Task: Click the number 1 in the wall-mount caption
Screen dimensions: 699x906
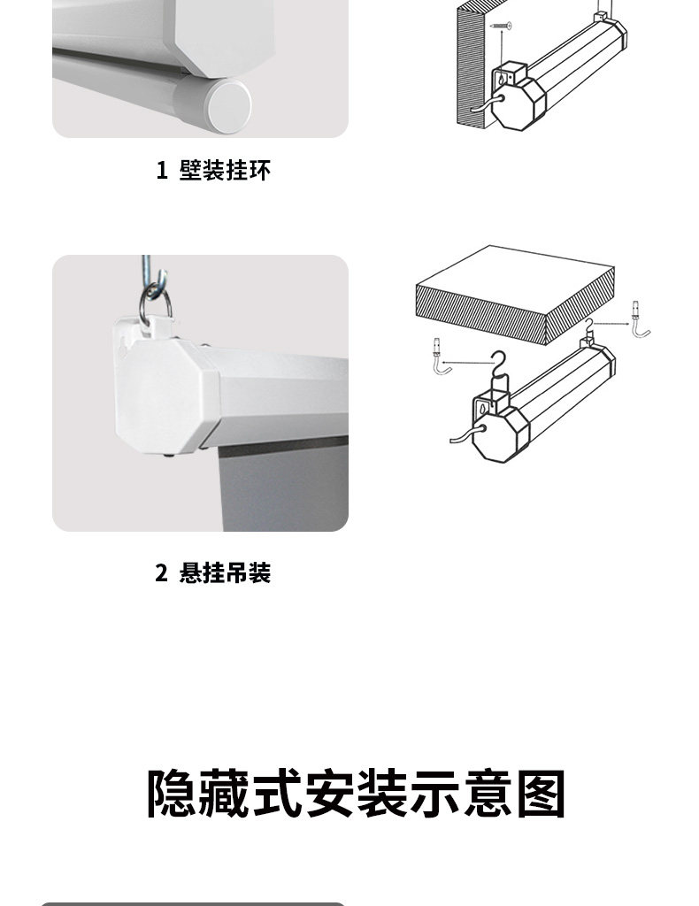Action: coord(162,171)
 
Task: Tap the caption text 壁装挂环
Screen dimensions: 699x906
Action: coord(225,171)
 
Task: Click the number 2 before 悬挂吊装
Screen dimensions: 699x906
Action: coord(161,573)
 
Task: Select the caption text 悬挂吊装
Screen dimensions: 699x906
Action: coord(225,573)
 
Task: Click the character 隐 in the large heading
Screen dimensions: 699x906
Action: coord(173,793)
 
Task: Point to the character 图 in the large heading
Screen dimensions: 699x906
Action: coord(541,793)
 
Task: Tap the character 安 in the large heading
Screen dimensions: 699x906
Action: coord(330,793)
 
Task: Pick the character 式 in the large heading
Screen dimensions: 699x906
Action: coord(277,793)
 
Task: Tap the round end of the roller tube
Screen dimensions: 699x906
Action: coord(229,107)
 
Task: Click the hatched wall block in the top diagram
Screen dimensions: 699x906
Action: coord(472,64)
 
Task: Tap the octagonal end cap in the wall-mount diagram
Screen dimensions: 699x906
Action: coord(518,104)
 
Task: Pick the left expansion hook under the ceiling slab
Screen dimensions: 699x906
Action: coord(439,357)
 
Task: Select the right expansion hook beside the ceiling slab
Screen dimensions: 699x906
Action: coord(641,319)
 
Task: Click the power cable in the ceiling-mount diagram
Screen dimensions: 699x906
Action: coord(465,434)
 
